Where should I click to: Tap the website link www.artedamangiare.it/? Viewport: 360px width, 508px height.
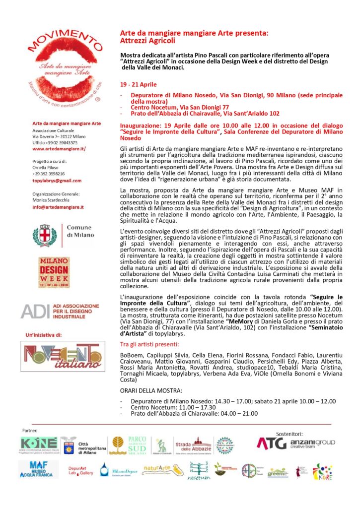click(59, 148)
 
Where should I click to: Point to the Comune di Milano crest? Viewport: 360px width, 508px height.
click(45, 235)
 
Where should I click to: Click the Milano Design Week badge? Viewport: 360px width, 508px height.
click(54, 271)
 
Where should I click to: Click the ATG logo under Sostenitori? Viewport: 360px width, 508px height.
click(271, 443)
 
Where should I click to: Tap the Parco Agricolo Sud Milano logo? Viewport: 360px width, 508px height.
click(128, 445)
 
